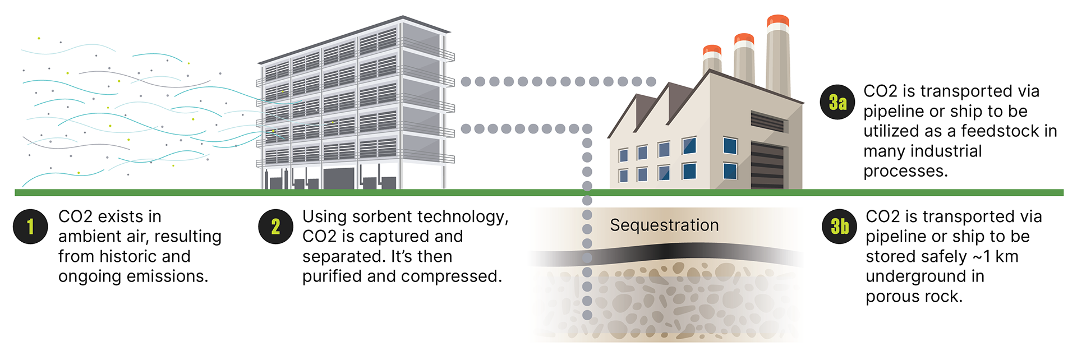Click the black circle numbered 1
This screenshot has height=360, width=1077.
click(30, 227)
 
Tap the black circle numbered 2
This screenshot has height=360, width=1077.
click(275, 227)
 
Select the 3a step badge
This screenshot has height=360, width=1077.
click(837, 102)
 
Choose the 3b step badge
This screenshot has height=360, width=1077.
click(840, 227)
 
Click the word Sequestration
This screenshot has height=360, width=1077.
click(664, 225)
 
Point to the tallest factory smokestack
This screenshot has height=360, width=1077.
click(778, 56)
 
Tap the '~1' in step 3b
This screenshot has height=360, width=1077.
click(981, 257)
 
